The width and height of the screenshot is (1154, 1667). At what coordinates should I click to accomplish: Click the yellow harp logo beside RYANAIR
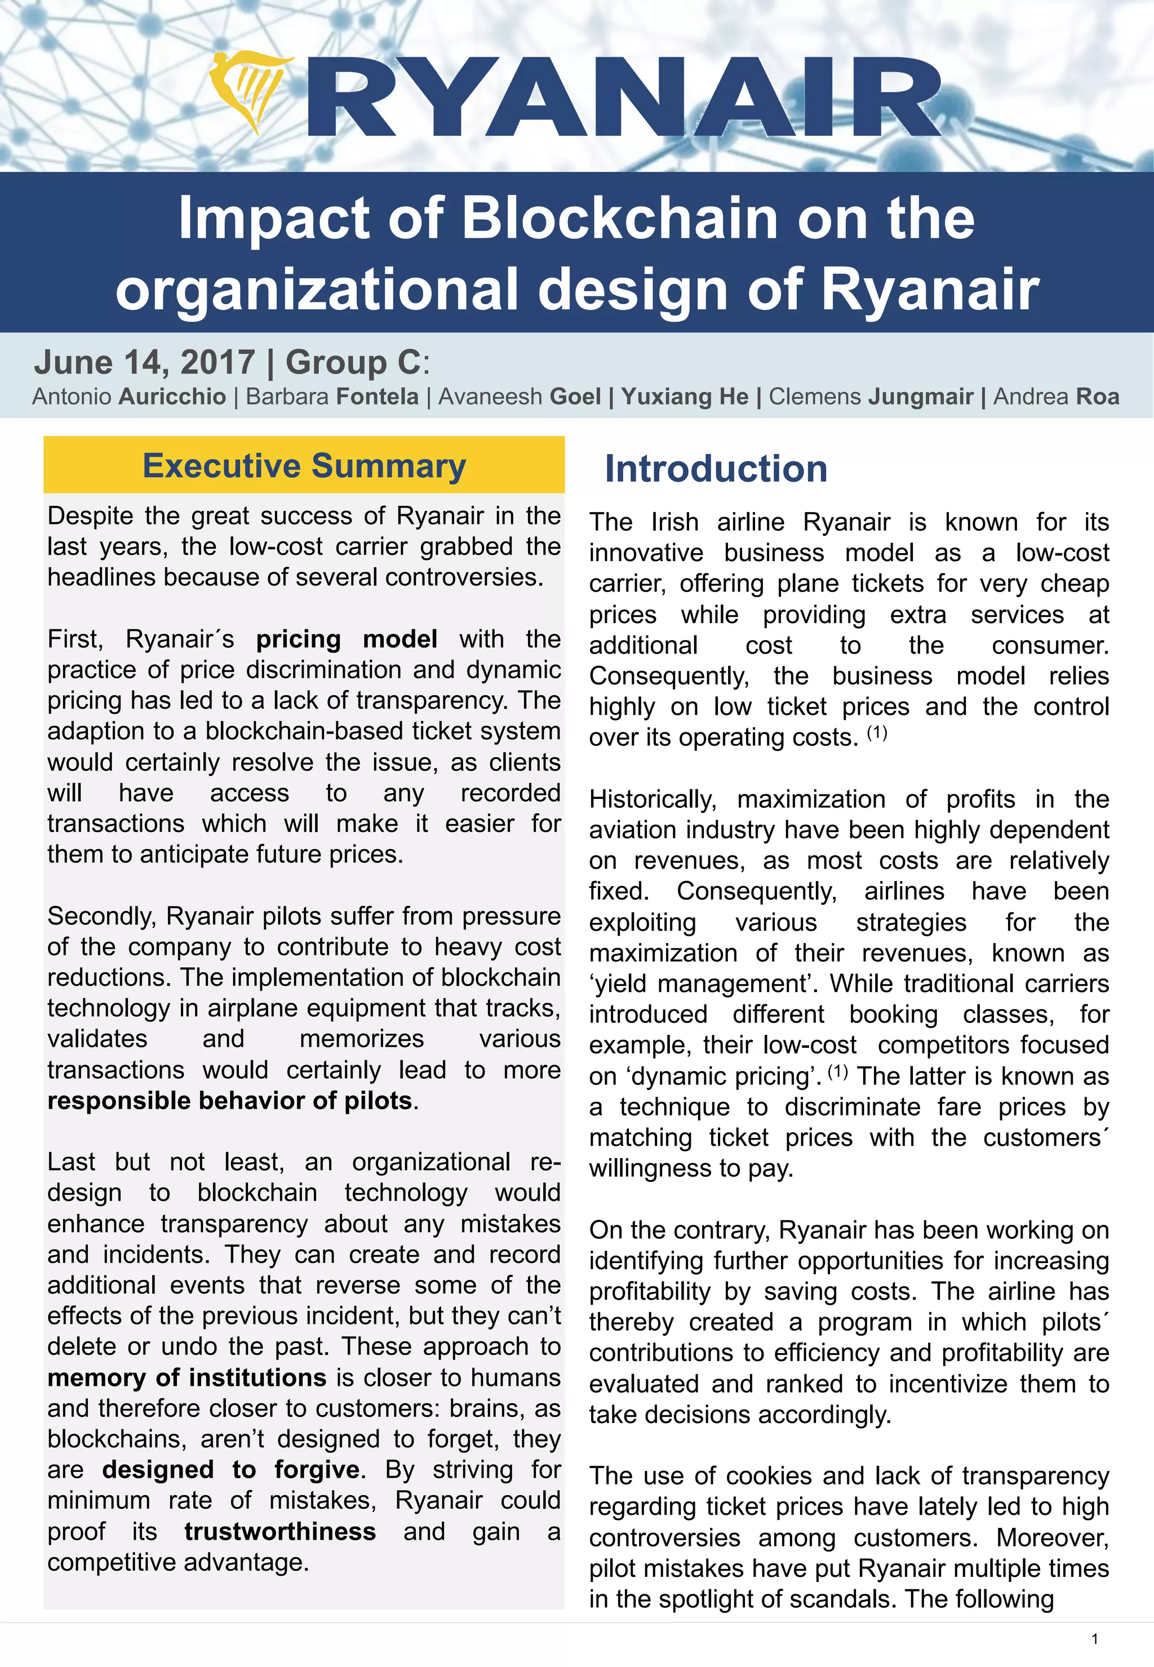250,90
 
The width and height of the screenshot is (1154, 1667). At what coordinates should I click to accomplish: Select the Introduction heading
715,468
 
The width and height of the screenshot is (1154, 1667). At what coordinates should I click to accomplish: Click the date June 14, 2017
145,362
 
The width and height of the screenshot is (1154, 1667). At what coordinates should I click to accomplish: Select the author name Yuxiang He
685,397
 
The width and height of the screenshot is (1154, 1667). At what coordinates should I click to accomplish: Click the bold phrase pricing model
347,639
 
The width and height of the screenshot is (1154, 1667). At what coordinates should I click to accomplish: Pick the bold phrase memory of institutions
187,1378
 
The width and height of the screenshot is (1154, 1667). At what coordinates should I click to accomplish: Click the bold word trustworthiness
280,1532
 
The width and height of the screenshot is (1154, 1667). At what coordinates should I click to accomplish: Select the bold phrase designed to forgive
230,1470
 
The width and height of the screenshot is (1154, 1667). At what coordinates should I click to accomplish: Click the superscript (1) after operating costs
876,733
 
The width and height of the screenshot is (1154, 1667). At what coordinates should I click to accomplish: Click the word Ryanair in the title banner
930,289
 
